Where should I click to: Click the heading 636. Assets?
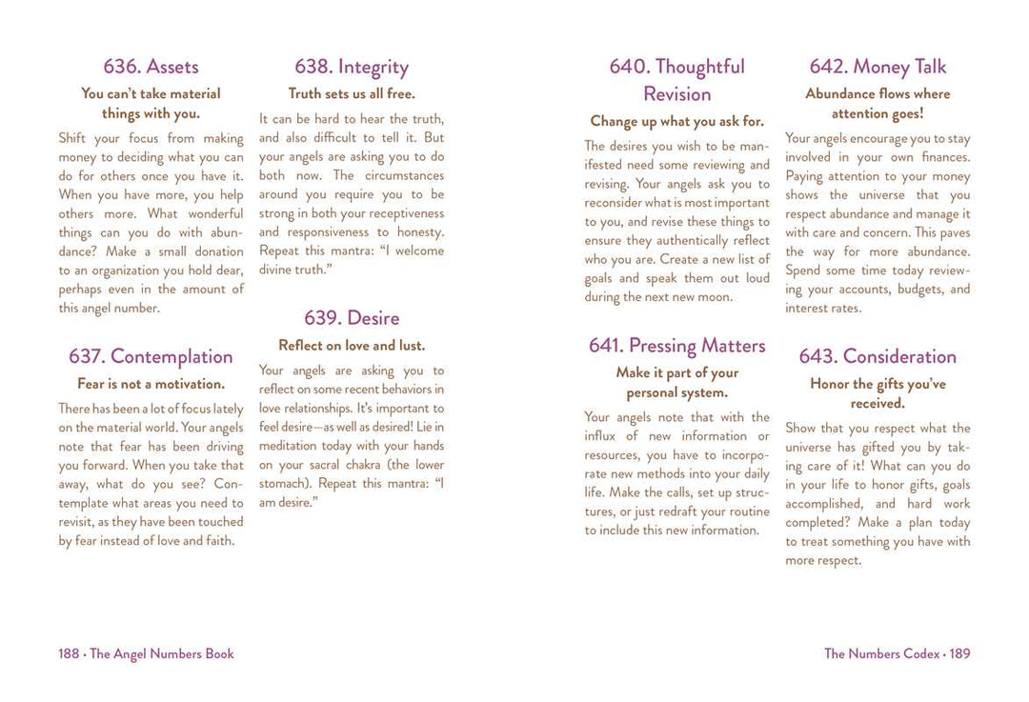(151, 67)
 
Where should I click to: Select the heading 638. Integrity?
(352, 67)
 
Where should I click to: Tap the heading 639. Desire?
(352, 318)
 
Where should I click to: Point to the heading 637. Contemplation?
(151, 356)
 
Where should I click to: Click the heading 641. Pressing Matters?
(676, 346)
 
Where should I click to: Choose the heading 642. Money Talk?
(878, 67)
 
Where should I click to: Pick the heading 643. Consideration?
(878, 356)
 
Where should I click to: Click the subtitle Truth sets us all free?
(352, 94)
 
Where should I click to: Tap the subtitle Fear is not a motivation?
(151, 384)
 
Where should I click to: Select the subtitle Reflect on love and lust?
(352, 346)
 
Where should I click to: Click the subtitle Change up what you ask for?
(676, 121)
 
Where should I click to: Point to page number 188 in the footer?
(69, 654)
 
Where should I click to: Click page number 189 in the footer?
(959, 654)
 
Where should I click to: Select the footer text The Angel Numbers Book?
(162, 654)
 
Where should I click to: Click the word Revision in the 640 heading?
(676, 94)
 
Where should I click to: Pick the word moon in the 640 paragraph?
(715, 297)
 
